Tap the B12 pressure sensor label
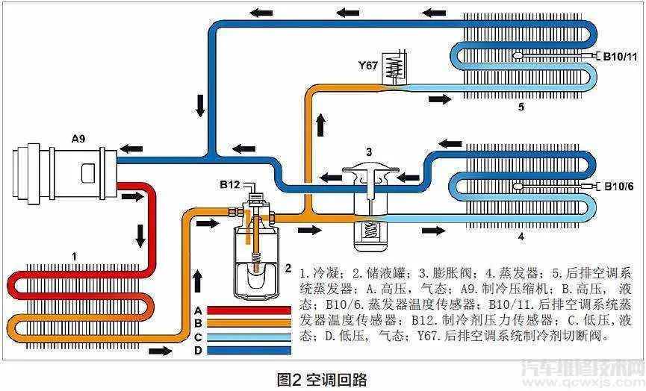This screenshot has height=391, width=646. pyautogui.click(x=230, y=184)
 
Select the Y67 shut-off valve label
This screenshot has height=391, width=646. pyautogui.click(x=368, y=65)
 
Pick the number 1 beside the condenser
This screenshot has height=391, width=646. pyautogui.click(x=75, y=256)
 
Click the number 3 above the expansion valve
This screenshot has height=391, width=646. pyautogui.click(x=369, y=152)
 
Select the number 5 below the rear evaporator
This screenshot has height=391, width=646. pyautogui.click(x=521, y=107)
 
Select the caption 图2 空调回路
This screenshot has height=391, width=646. pyautogui.click(x=322, y=380)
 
